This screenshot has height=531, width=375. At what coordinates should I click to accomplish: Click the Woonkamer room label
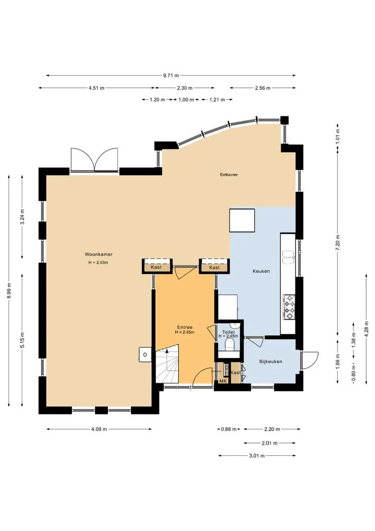click(98, 254)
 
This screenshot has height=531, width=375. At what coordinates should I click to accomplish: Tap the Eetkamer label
click(229, 175)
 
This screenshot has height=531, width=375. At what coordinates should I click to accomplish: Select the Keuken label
click(261, 271)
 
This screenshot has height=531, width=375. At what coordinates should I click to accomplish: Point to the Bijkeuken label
click(270, 362)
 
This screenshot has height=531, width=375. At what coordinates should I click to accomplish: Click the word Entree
click(185, 327)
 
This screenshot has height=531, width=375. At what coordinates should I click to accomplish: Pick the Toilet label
click(228, 332)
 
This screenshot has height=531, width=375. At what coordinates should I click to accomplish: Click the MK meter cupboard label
click(222, 381)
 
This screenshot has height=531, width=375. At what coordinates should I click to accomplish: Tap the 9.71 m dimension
click(171, 76)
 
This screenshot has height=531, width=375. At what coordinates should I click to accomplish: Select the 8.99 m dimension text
click(9, 291)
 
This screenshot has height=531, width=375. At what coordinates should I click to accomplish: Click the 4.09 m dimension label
click(99, 429)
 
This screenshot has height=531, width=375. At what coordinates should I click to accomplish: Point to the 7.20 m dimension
click(338, 242)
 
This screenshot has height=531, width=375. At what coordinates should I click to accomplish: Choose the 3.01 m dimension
click(257, 456)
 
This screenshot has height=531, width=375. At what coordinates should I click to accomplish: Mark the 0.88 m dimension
click(229, 429)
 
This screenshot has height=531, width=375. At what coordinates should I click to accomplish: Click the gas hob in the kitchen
click(289, 307)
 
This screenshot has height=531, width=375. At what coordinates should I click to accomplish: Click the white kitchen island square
click(242, 220)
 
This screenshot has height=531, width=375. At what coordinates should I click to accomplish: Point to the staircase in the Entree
click(167, 364)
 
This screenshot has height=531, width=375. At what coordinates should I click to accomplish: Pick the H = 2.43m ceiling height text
click(98, 263)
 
